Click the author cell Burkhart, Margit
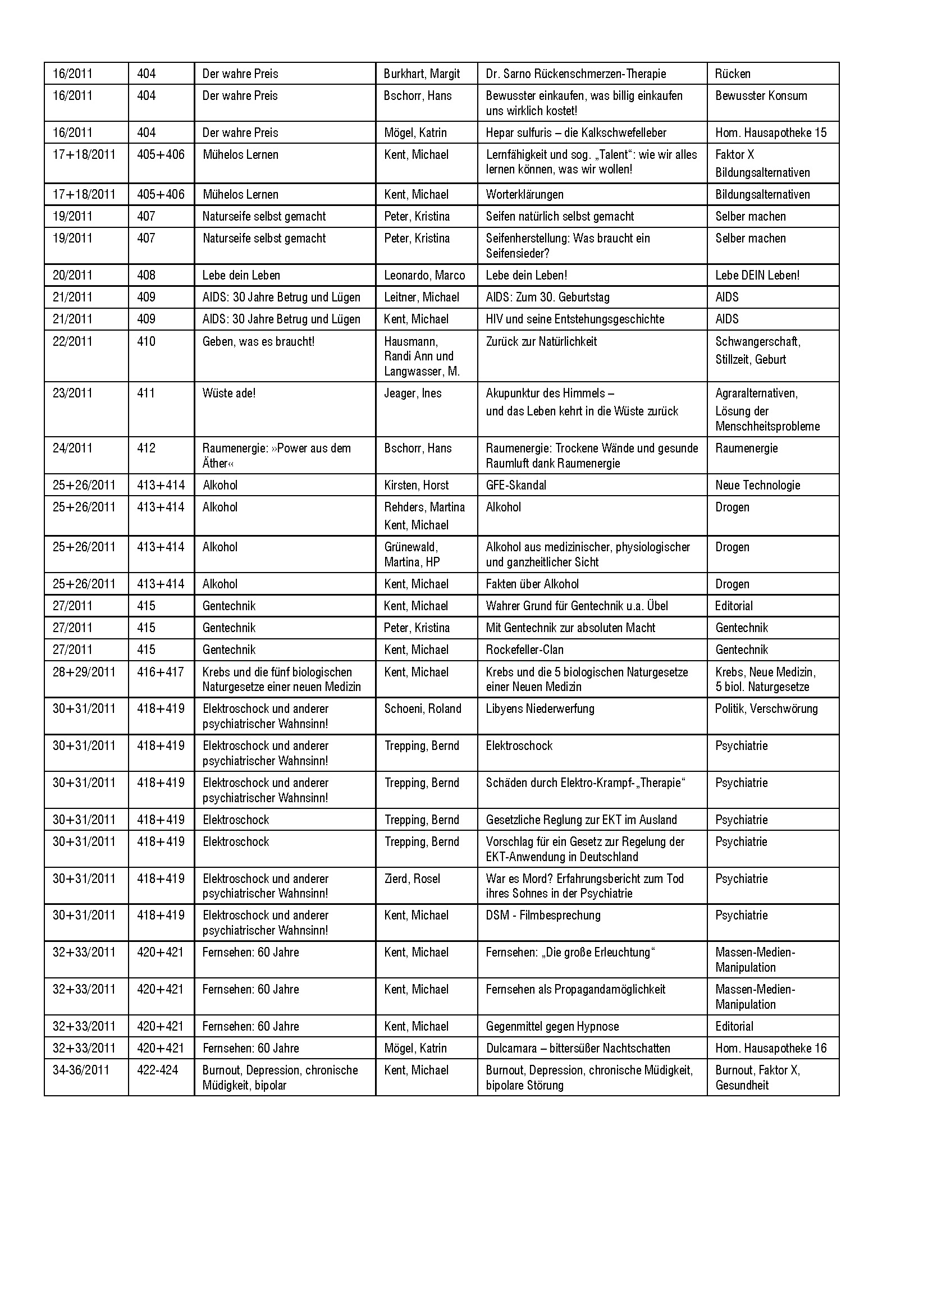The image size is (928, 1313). point(422,74)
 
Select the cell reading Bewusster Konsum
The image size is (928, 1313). point(761,96)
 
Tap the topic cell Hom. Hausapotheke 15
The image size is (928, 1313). point(770,132)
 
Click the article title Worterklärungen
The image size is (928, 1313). point(524,194)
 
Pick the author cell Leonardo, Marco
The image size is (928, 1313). point(424,275)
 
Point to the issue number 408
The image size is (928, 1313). point(147,275)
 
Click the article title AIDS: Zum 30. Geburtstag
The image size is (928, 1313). point(547,298)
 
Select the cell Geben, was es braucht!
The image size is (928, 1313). point(258,341)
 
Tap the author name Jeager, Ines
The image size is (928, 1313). point(413,394)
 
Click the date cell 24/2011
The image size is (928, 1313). point(72,449)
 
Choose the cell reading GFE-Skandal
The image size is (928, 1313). point(516,486)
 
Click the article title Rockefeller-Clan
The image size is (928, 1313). point(524,650)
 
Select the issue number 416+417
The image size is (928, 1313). point(161,672)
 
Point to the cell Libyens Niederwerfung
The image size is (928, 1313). point(540,709)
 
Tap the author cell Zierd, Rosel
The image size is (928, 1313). point(412,879)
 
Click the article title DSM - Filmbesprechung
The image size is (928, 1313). point(543,915)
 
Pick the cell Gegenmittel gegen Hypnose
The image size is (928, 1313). point(552,1027)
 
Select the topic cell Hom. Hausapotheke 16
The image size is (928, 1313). point(770,1048)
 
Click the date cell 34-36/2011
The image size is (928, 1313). point(81,1070)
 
